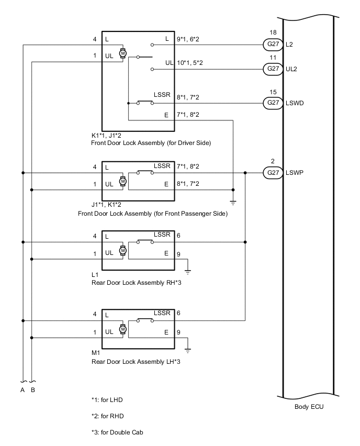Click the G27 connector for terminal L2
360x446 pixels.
pos(272,45)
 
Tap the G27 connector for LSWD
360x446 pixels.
pos(272,103)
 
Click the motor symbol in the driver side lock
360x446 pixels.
pos(123,53)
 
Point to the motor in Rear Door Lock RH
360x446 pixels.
pos(123,250)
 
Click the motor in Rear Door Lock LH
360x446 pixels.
pos(123,329)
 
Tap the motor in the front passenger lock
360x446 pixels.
pos(123,181)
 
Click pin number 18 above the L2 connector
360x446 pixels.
pos(272,32)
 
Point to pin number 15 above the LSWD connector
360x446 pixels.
pos(272,91)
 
